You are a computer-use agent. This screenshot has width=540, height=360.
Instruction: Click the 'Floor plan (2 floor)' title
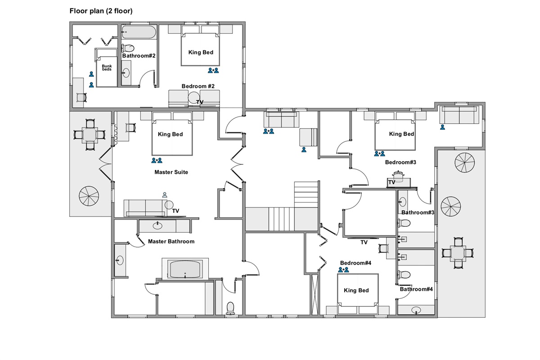101,11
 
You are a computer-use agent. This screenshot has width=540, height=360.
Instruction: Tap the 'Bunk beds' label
107,67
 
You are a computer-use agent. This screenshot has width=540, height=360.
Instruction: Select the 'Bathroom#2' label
139,56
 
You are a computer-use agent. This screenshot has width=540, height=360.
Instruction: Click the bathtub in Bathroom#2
139,32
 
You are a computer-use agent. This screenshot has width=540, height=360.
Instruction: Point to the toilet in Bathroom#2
128,48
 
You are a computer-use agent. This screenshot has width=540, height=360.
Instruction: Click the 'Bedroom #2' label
198,86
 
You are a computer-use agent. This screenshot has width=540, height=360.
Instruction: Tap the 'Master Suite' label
171,172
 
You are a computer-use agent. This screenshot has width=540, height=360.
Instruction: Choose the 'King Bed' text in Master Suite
171,134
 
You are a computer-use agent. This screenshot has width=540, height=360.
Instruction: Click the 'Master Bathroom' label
171,241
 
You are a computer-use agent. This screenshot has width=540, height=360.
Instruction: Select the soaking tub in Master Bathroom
185,269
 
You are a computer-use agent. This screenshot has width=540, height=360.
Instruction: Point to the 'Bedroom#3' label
400,162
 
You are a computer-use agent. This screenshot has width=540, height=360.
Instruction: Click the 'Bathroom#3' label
418,212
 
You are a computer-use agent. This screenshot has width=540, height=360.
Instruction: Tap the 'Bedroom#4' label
355,263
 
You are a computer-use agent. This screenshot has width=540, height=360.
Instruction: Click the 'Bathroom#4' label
416,289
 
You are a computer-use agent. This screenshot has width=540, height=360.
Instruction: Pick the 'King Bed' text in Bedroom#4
356,290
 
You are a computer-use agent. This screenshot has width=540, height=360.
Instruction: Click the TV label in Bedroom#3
392,182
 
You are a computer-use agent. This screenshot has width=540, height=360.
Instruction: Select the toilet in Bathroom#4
404,274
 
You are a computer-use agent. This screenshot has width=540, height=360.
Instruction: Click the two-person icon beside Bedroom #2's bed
213,70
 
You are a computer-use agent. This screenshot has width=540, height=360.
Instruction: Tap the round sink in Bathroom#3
402,201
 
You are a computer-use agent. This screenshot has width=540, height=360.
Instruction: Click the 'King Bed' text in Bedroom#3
401,134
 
